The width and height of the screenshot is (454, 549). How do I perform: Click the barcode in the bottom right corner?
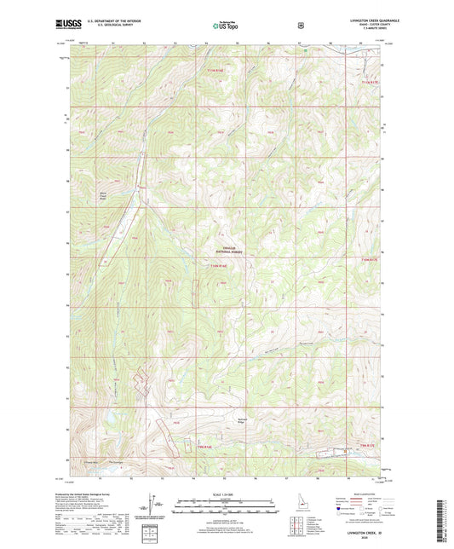point(444,516)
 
